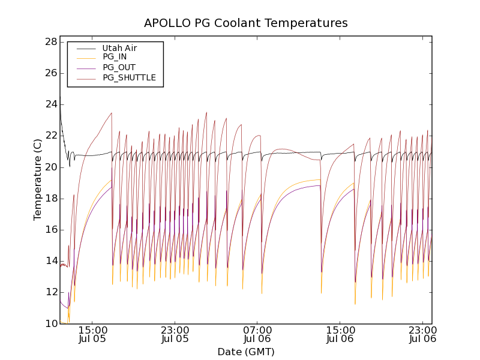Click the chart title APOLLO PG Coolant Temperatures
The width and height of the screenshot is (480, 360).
point(245,23)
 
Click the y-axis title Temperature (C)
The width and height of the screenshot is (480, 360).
point(38,179)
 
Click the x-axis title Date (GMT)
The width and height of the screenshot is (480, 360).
point(245,352)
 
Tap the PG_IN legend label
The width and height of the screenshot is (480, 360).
point(115,57)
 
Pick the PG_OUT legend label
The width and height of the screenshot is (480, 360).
point(119,67)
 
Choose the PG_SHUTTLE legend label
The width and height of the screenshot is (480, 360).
point(129,77)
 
